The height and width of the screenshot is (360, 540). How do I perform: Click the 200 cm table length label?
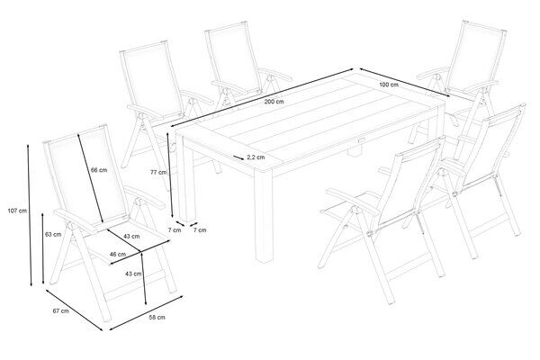coord(274,102)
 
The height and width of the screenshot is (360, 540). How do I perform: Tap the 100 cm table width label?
coord(389,85)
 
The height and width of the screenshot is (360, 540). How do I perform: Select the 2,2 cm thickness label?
coord(256,157)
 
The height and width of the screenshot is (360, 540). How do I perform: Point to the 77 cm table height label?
coord(158,172)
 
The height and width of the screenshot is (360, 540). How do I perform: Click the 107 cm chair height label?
coord(17,211)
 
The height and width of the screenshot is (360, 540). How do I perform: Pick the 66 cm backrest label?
coord(99,170)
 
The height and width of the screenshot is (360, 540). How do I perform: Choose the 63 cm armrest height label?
coord(53,234)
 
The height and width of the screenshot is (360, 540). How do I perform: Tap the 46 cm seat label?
coord(117,254)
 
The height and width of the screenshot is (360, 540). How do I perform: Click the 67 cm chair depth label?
coord(60,310)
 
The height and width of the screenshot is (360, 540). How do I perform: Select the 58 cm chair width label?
coord(157,317)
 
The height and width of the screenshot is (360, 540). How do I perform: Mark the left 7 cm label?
coord(175,229)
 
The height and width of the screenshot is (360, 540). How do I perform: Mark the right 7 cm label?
coord(200,229)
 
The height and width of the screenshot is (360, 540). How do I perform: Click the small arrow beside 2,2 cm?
coord(238,157)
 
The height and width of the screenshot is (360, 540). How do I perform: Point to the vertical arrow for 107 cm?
coord(30,215)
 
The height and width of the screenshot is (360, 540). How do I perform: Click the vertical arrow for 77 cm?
coord(170,175)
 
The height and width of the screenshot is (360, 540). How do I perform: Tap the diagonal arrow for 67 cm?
coord(74,310)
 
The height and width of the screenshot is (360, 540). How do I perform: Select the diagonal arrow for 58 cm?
coord(146,313)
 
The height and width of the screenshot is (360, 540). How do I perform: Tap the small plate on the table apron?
coord(362,140)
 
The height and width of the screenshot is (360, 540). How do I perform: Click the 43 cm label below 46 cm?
coord(133,274)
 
